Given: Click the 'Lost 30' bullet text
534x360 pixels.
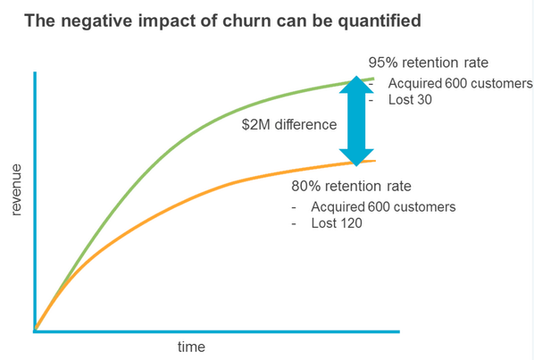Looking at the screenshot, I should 411,100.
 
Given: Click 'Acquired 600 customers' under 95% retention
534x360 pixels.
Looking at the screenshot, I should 461,83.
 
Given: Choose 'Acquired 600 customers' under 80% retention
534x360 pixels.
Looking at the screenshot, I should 384,207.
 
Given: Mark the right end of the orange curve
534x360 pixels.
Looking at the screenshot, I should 374,161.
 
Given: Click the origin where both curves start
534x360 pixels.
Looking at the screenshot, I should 35,331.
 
